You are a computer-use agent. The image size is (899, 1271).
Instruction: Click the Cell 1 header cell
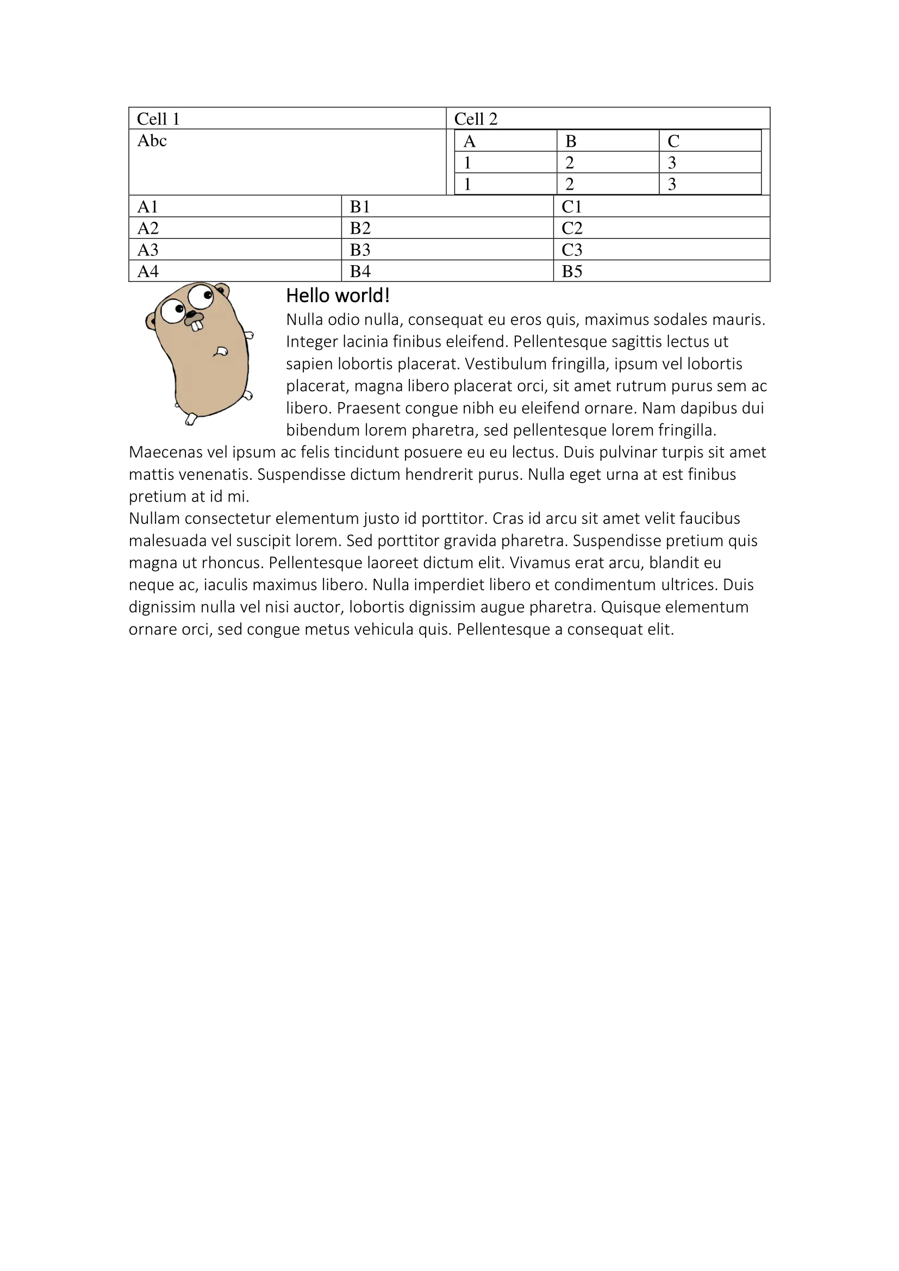[x=287, y=118]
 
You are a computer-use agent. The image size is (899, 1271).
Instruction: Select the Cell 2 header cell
[x=607, y=118]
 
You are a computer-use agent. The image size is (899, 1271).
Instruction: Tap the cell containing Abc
[x=287, y=161]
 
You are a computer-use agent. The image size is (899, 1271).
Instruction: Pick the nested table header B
[x=607, y=141]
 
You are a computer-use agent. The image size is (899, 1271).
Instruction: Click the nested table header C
[x=710, y=141]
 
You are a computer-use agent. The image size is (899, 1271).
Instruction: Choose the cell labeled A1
[x=235, y=206]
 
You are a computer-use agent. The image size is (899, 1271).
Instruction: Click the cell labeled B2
[x=447, y=228]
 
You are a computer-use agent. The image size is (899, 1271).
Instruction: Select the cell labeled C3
[x=661, y=249]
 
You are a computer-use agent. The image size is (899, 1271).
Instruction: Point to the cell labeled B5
[x=661, y=271]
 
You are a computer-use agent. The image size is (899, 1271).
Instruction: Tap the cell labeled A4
[x=235, y=271]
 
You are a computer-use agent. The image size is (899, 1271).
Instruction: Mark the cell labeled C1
[x=661, y=206]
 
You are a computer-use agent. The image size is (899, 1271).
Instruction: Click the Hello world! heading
[x=338, y=296]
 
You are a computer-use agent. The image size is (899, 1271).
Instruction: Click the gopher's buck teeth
[x=197, y=326]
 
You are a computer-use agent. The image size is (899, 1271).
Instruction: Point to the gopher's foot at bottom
[x=190, y=420]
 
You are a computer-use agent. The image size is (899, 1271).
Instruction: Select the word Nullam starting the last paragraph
[x=154, y=519]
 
